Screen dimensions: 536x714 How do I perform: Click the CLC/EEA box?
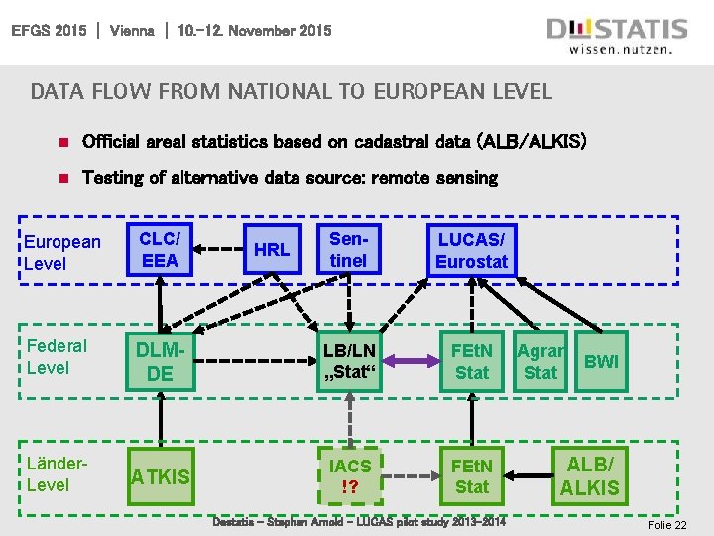pyautogui.click(x=160, y=249)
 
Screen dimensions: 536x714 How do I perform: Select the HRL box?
pyautogui.click(x=271, y=249)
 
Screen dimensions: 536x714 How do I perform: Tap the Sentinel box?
pyautogui.click(x=348, y=249)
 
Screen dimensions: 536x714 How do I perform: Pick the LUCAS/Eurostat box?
pyautogui.click(x=471, y=250)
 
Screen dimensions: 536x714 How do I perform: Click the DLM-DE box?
pyautogui.click(x=160, y=361)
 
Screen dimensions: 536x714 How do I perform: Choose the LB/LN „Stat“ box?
pyautogui.click(x=348, y=361)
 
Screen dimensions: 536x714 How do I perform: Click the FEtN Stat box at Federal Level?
pyautogui.click(x=471, y=361)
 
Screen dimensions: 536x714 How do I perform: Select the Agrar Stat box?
pyautogui.click(x=540, y=361)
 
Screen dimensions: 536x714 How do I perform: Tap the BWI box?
pyautogui.click(x=601, y=361)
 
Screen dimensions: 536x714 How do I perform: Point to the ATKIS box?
pyautogui.click(x=160, y=476)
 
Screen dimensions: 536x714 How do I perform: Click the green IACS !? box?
pyautogui.click(x=349, y=475)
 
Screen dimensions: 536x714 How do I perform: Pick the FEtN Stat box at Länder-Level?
pyautogui.click(x=471, y=475)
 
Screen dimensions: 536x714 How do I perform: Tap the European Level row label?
pyautogui.click(x=61, y=252)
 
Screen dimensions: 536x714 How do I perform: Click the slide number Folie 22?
pyautogui.click(x=665, y=525)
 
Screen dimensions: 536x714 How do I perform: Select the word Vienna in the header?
pyautogui.click(x=132, y=31)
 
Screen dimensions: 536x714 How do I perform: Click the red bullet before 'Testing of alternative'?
pyautogui.click(x=61, y=179)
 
